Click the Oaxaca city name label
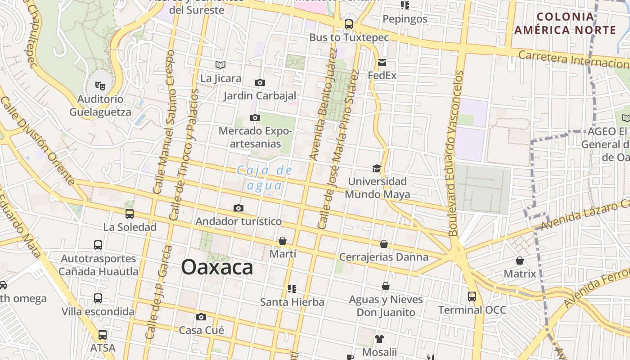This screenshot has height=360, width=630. (217, 267)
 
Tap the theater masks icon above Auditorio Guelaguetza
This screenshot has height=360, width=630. (100, 84)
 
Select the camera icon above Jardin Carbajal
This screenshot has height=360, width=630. (260, 82)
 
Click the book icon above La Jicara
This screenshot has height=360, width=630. (220, 65)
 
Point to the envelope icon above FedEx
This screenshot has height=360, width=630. (382, 62)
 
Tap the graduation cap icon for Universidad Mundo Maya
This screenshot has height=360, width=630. (377, 168)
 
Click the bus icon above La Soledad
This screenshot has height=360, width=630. (130, 213)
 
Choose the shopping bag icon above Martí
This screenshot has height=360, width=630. (283, 241)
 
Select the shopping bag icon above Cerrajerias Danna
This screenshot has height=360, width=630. (384, 244)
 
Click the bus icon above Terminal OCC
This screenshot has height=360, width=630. (472, 297)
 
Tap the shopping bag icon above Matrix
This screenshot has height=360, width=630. (520, 261)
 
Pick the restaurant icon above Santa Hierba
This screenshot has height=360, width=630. (292, 288)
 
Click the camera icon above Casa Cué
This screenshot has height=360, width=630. (201, 317)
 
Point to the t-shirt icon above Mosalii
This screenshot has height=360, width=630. (379, 338)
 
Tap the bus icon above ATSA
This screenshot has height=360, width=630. (103, 334)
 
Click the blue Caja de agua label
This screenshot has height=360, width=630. (265, 178)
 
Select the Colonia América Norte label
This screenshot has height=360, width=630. (565, 23)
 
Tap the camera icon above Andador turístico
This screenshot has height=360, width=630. (238, 208)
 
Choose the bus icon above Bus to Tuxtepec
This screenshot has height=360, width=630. (349, 24)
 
